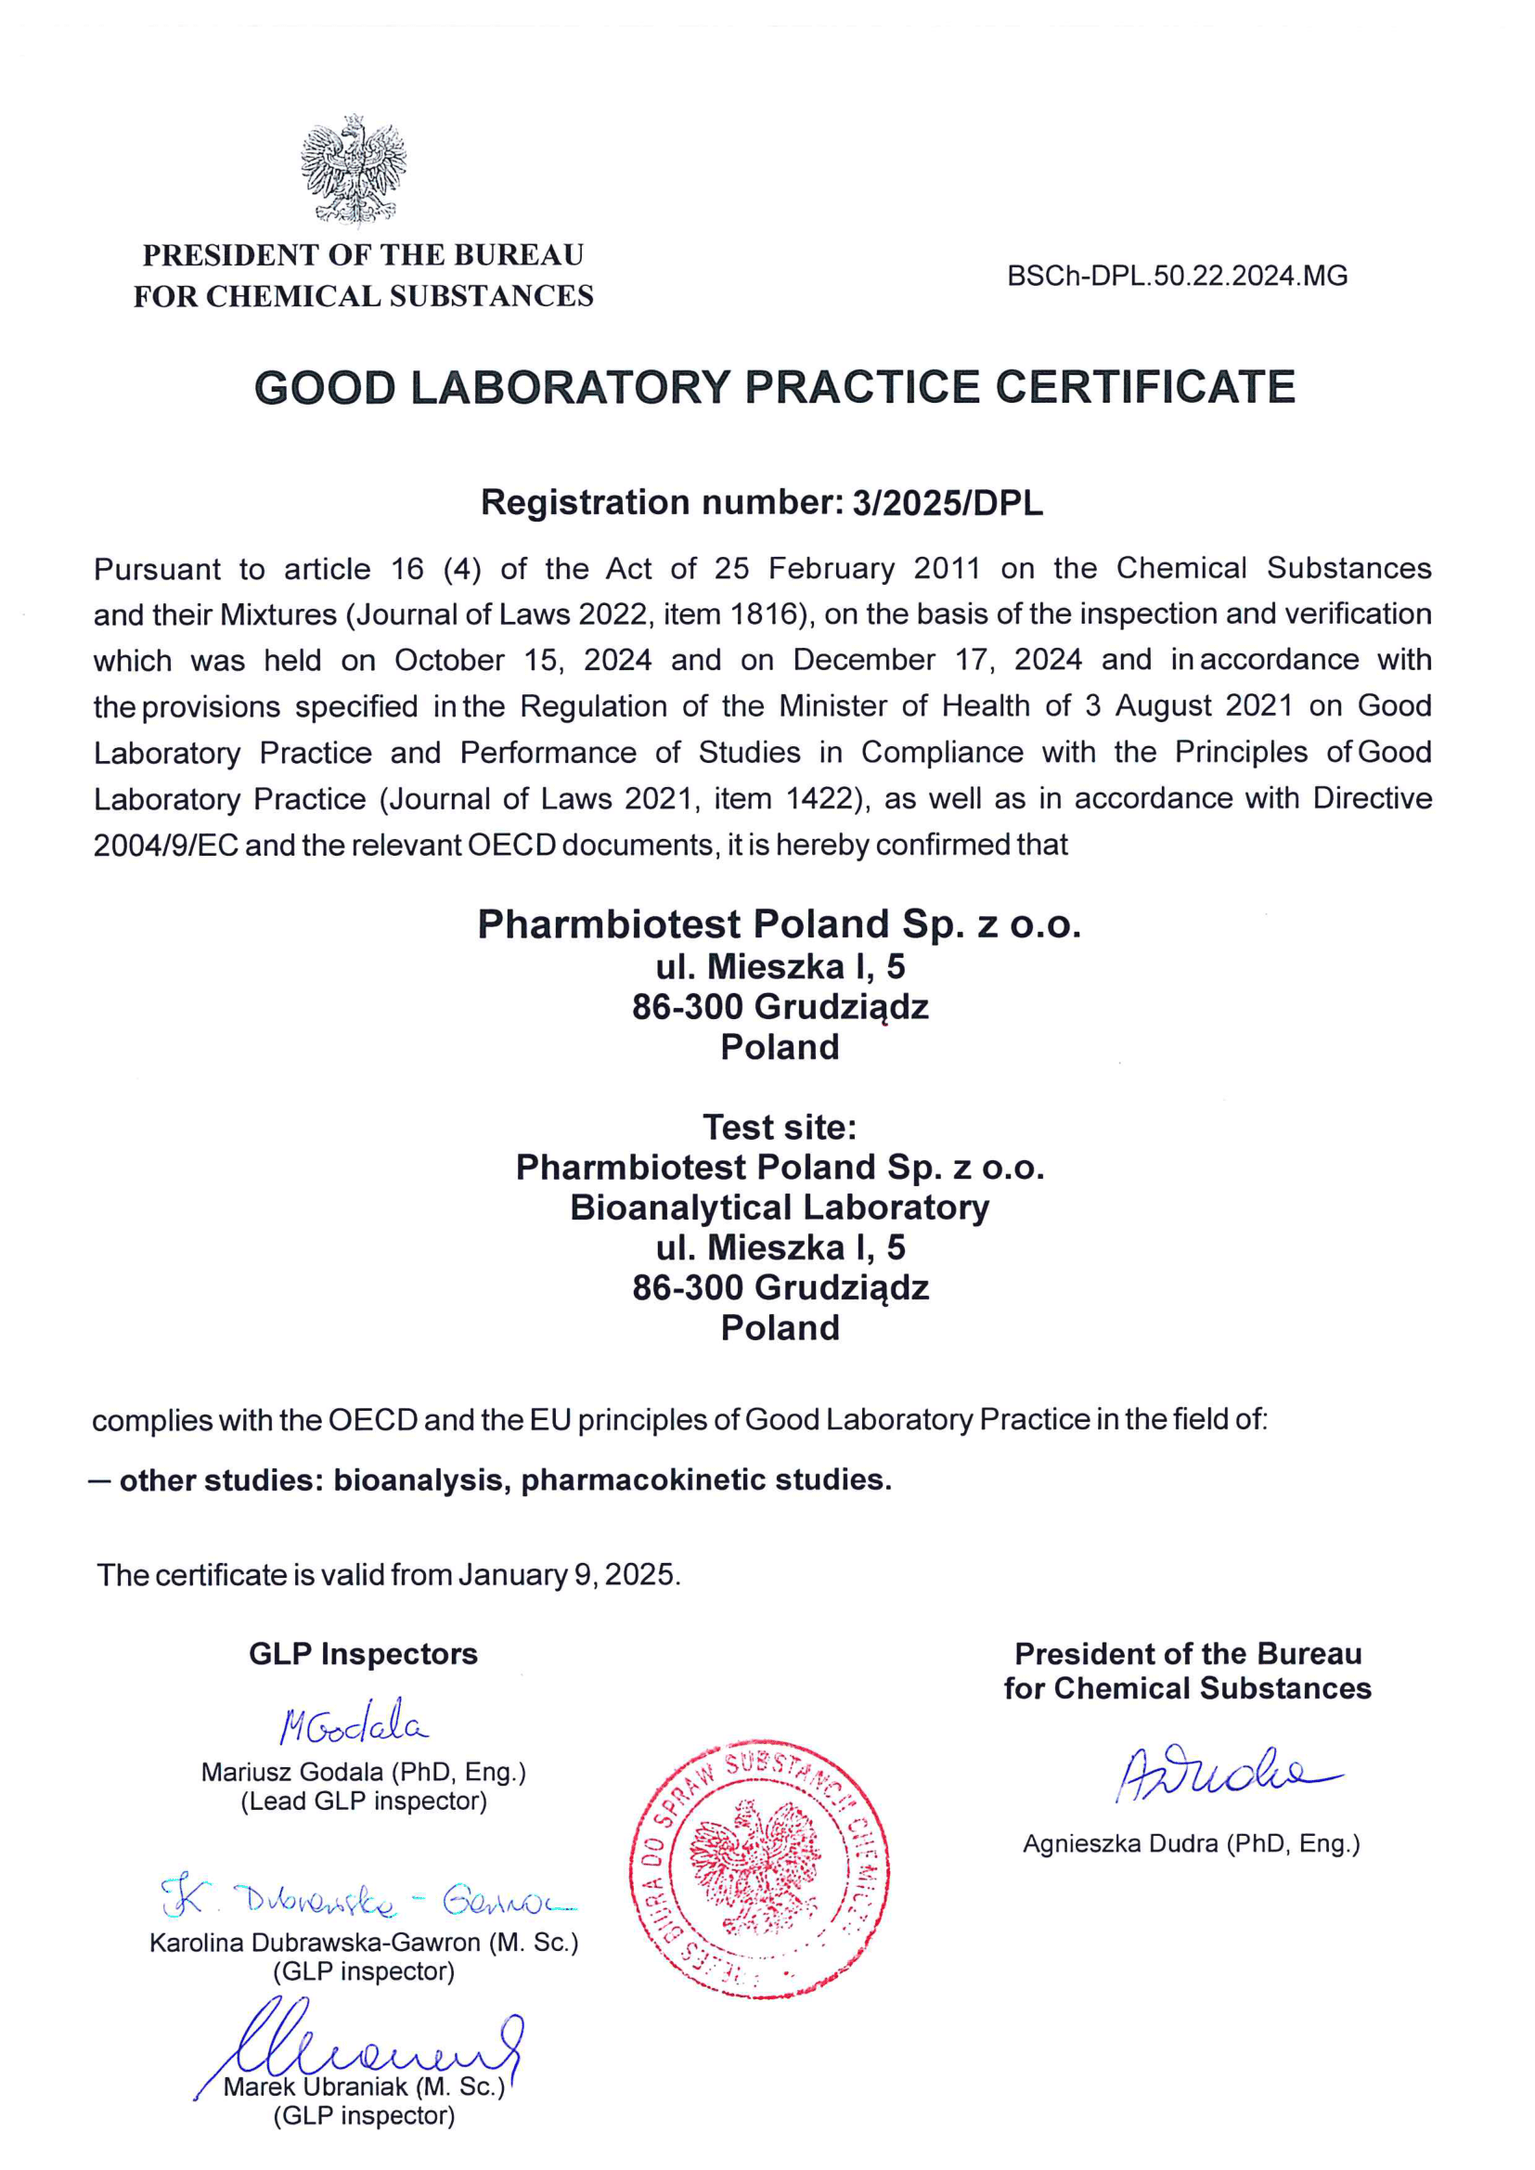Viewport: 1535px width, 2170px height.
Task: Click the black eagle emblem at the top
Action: click(354, 170)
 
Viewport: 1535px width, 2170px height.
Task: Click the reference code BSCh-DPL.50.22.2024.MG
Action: click(1177, 276)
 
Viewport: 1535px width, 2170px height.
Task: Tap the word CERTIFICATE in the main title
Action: click(1144, 388)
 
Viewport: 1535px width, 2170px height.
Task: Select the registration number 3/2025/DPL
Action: click(948, 503)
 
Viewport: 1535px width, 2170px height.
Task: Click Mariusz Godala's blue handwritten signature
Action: click(354, 1724)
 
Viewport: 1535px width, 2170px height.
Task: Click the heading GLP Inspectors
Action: click(363, 1654)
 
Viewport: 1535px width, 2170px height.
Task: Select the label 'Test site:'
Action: click(779, 1128)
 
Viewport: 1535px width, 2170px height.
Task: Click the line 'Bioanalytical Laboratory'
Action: click(779, 1208)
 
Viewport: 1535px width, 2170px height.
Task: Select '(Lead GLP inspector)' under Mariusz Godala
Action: click(364, 1802)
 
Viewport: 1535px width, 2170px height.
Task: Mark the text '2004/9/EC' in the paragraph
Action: click(165, 845)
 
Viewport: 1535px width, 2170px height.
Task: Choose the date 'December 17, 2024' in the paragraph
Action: click(936, 661)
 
